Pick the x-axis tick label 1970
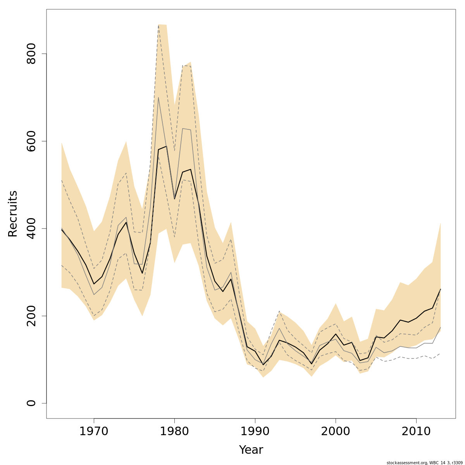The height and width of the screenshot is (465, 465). [94, 431]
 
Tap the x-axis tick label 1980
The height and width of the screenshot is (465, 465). [174, 431]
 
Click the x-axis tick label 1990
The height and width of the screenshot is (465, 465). [255, 431]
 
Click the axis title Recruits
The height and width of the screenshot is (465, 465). [13, 214]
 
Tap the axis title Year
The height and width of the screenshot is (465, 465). [251, 450]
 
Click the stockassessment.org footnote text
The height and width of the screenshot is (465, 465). [425, 463]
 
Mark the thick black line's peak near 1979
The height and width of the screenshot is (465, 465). [166, 146]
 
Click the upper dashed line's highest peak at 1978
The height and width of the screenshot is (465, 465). [158, 25]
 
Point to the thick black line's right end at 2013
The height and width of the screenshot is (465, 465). [441, 289]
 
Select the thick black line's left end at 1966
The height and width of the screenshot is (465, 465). [62, 230]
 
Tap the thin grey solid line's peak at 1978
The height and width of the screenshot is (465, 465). [158, 97]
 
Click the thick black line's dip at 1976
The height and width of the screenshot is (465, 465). [142, 273]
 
